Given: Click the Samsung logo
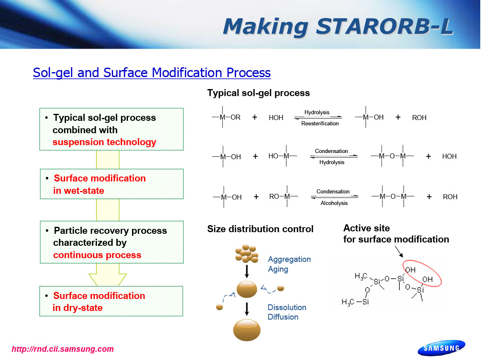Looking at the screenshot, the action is pos(441,348).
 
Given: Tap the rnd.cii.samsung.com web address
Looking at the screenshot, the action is pos(63,349).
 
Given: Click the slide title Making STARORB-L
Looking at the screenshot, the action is pos(338,26).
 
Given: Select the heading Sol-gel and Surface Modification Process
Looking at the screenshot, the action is pos(152,73).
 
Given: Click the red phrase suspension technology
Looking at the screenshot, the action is pos(104,142).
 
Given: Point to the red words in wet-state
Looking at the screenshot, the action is pos(78,191).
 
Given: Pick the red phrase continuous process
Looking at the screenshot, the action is pos(97,255).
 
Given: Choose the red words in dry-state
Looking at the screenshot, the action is pos(78,308).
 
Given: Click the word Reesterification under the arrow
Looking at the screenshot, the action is pos(320,124).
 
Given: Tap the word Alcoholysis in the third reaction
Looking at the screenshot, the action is pos(334,203).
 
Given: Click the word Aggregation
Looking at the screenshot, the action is pos(289,259).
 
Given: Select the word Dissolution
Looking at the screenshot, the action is pos(287,307).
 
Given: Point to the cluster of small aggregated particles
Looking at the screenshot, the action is pos(247,254).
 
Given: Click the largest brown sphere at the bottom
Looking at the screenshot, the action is pos(247,330).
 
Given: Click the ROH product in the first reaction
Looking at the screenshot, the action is pos(419,118).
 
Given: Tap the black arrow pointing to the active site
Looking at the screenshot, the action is pos(399,252).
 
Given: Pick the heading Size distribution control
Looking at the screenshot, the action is pos(260,229).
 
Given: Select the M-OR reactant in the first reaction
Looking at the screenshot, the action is pos(226,117).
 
